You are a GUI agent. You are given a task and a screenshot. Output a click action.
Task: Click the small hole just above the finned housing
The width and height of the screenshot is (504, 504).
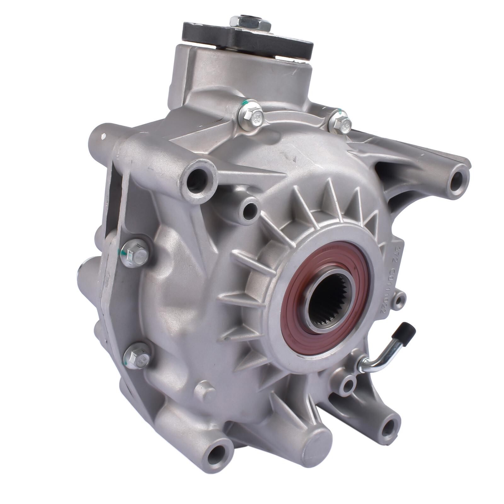click(250, 208)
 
